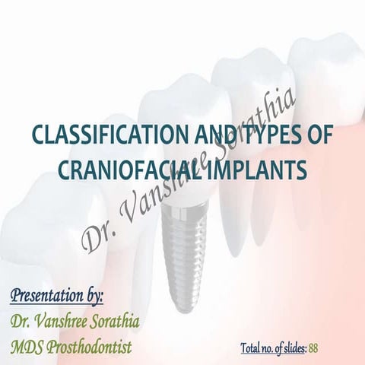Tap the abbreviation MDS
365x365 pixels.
[x=27, y=347]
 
